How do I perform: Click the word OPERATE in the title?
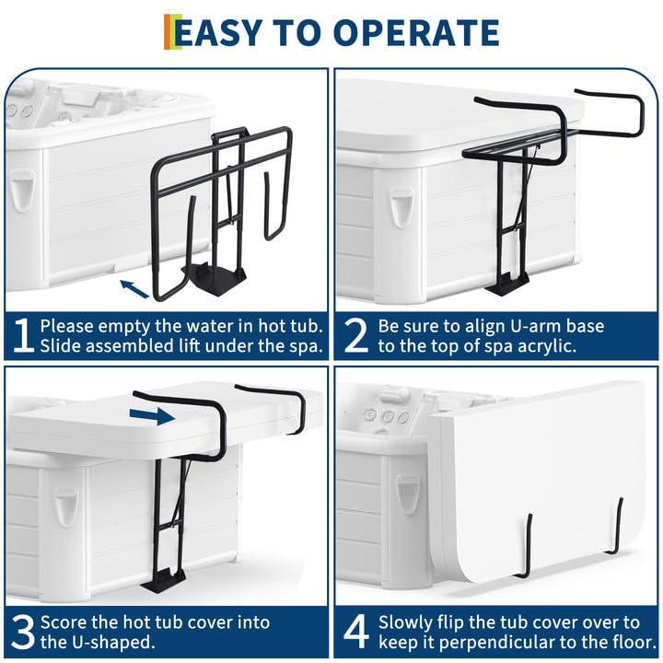pyautogui.click(x=416, y=32)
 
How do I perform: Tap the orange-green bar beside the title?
pyautogui.click(x=173, y=31)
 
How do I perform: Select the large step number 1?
pyautogui.click(x=24, y=335)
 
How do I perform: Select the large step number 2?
pyautogui.click(x=356, y=335)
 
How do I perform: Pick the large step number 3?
pyautogui.click(x=23, y=632)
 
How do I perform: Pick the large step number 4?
pyautogui.click(x=356, y=632)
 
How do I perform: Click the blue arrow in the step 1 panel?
pyautogui.click(x=134, y=289)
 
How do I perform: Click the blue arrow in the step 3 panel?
pyautogui.click(x=152, y=416)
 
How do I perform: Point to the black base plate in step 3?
pyautogui.click(x=163, y=579)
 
